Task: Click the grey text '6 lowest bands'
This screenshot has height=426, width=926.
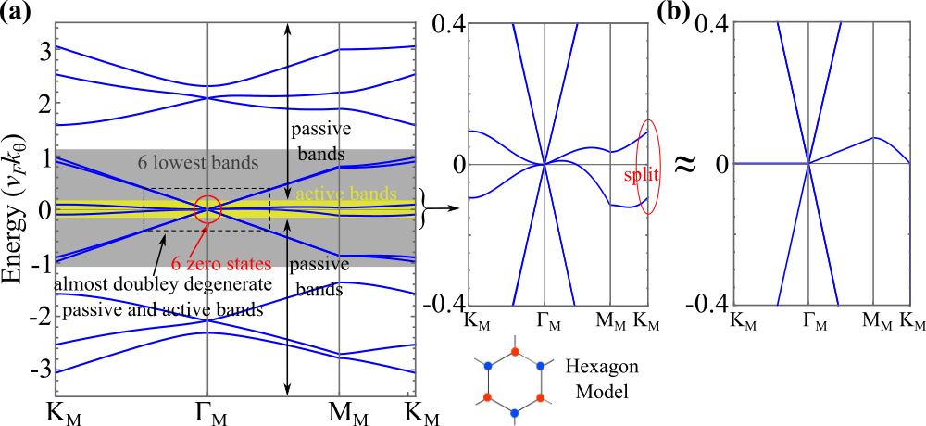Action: [x=197, y=163]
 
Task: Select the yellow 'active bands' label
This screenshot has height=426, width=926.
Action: [x=346, y=194]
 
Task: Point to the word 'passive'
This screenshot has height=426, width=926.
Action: [x=318, y=264]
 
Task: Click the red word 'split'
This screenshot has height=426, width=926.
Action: [x=641, y=174]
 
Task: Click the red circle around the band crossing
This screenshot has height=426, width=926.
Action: [x=208, y=209]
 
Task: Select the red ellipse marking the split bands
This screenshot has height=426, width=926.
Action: [x=650, y=167]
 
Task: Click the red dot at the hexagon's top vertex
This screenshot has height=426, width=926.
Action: [x=515, y=352]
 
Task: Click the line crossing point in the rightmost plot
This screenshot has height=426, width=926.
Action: [x=809, y=163]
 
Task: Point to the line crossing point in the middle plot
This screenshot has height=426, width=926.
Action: [x=544, y=164]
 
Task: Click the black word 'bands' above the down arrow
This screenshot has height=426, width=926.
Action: [x=321, y=154]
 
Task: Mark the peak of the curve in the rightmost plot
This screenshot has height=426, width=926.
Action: [x=872, y=138]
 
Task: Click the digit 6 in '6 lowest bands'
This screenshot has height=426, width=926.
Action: [x=143, y=163]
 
